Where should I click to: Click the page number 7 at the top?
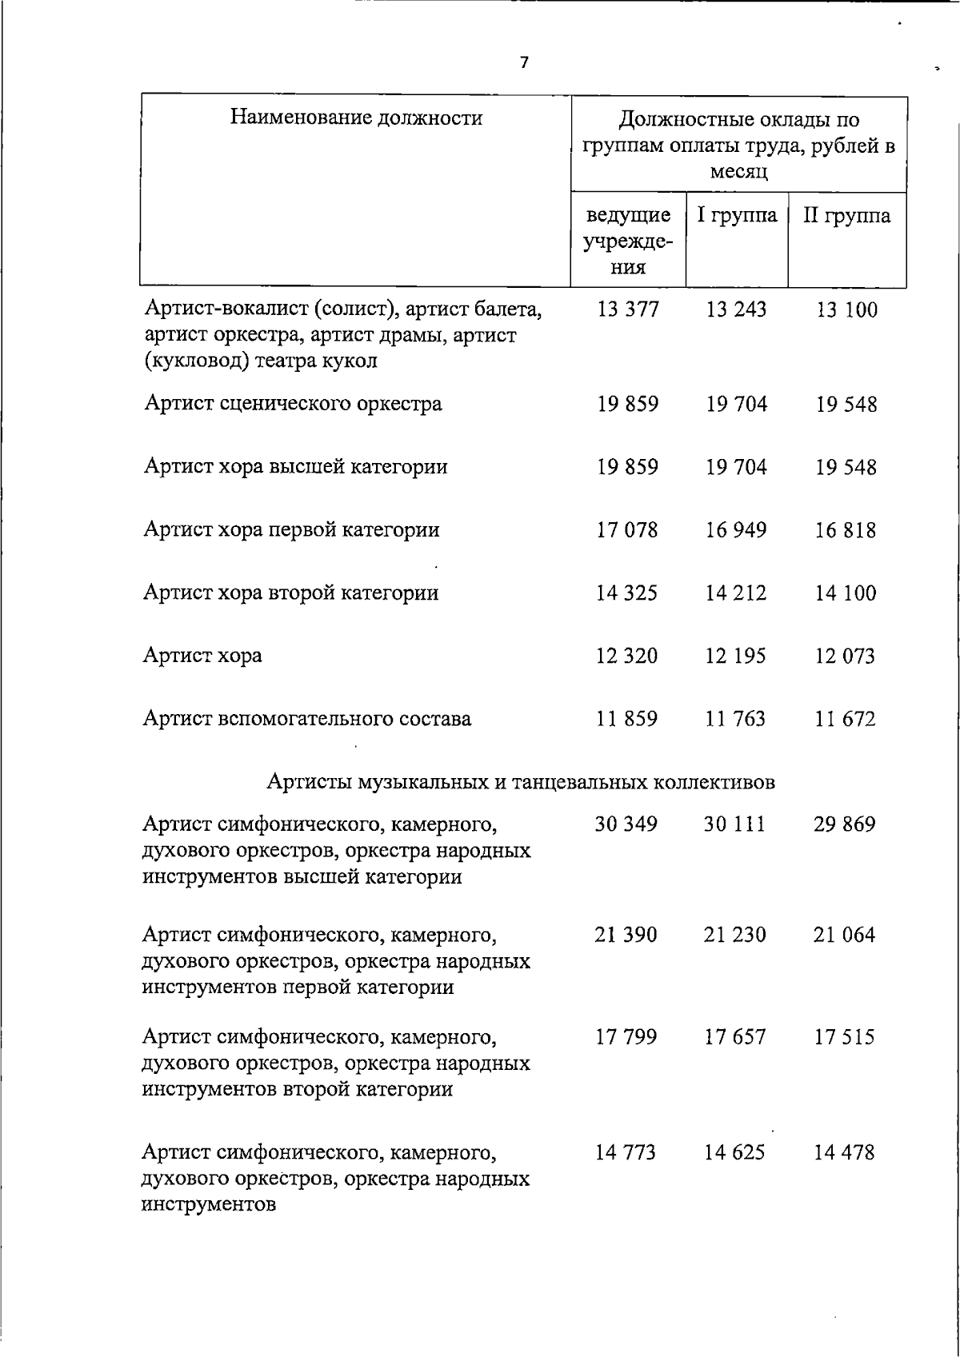click(524, 62)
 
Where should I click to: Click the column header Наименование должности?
click(356, 118)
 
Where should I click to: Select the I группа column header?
click(736, 215)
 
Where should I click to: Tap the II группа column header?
click(846, 215)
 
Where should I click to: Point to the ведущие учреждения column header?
click(628, 241)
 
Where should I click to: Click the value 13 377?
click(628, 309)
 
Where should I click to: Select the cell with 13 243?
click(736, 309)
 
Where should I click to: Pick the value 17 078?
click(627, 529)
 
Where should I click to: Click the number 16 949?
click(736, 529)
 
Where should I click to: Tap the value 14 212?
click(736, 593)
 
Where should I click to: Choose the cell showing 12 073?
click(846, 656)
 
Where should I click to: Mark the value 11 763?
click(735, 718)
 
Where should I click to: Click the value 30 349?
click(626, 824)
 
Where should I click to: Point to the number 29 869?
click(845, 824)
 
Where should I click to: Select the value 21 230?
click(735, 934)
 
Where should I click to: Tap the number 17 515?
click(845, 1037)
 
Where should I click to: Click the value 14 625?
click(735, 1152)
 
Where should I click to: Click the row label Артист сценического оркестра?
click(293, 403)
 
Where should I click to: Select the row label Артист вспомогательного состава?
click(307, 718)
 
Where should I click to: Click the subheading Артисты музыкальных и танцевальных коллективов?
click(521, 781)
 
